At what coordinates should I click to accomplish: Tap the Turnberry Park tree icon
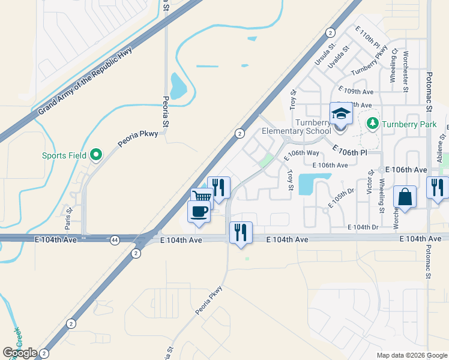point(372,122)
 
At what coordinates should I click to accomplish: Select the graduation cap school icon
point(340,113)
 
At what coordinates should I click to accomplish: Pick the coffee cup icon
point(199,211)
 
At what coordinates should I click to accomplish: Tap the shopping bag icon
point(405,196)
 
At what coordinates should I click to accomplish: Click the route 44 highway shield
point(114,240)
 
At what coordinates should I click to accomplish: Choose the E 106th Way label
point(303,153)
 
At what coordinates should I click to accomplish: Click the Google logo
point(20,353)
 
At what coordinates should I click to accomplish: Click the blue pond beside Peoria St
point(178,86)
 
